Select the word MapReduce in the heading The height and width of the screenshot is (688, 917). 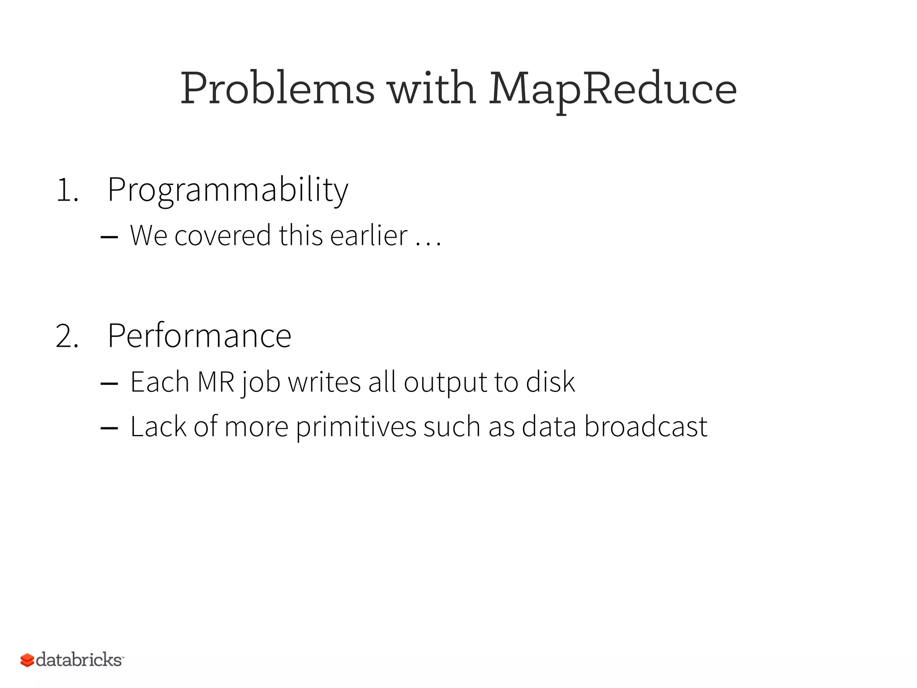(612, 89)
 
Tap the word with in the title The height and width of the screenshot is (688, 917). (431, 89)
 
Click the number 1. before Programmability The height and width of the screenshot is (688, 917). (67, 190)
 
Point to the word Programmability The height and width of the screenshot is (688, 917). (227, 190)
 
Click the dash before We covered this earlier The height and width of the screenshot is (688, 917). (109, 236)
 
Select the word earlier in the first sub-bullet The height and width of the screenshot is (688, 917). (369, 236)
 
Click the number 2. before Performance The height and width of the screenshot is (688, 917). (67, 336)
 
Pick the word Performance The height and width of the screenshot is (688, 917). (199, 336)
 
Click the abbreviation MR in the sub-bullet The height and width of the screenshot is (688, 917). (216, 382)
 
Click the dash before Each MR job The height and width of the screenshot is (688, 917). (109, 383)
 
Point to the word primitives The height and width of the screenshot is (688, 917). (356, 427)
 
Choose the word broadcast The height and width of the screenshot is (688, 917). (645, 426)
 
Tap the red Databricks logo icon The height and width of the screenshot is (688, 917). (27, 660)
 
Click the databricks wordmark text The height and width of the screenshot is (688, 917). (79, 660)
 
